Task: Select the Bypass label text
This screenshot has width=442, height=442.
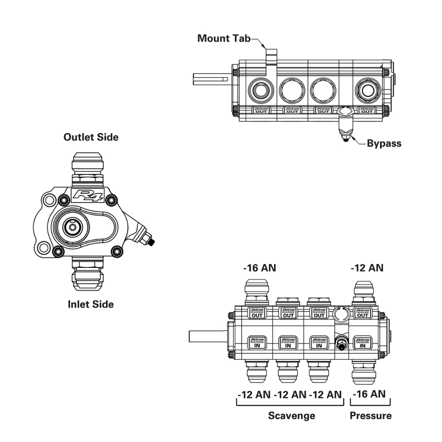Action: tap(384, 143)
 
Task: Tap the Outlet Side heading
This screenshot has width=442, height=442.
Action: tap(91, 137)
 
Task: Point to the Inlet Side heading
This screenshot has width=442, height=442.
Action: tap(91, 304)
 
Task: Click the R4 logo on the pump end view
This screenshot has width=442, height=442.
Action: tap(85, 194)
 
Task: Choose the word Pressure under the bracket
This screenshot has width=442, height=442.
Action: tap(370, 415)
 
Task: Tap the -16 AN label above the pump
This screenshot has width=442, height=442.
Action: tap(260, 269)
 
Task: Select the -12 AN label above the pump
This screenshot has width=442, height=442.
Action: tap(367, 269)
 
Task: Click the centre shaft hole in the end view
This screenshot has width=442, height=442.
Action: tap(72, 225)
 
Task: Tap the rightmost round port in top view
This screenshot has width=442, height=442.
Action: tap(367, 88)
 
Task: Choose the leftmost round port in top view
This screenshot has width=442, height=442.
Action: tap(259, 88)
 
